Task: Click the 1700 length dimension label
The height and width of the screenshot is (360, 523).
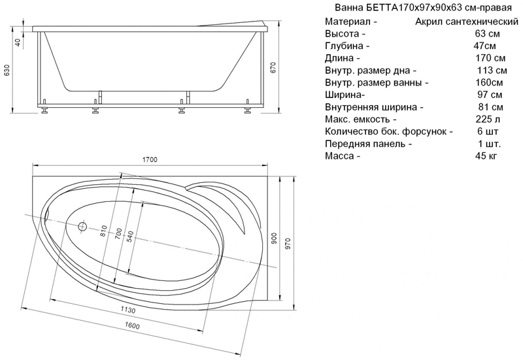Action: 150,159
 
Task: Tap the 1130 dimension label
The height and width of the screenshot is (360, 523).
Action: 127,310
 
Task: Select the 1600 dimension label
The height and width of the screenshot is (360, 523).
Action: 132,325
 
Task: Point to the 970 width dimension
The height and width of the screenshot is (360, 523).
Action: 288,244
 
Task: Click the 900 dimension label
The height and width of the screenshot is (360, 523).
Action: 275,238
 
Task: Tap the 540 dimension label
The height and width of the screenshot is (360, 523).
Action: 130,237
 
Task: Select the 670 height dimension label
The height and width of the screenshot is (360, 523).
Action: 273,68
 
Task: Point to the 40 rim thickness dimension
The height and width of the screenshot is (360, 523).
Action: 18,42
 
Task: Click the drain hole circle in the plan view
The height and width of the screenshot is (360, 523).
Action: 82,227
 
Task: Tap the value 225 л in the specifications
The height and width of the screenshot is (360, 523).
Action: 488,119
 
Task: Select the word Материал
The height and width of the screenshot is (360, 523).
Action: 348,22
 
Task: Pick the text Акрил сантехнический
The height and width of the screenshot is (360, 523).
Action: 467,22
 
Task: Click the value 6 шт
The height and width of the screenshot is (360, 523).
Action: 488,131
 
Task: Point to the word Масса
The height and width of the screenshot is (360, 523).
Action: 339,155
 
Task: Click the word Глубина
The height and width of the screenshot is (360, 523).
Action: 344,46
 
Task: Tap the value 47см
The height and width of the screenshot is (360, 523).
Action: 484,46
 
